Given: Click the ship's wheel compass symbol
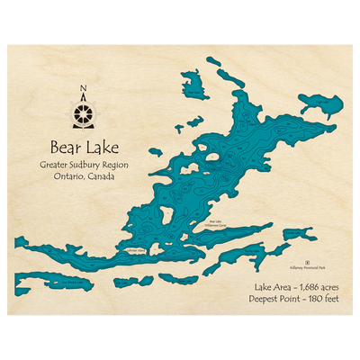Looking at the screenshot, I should click(x=85, y=114).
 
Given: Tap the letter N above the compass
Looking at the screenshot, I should click(x=85, y=88).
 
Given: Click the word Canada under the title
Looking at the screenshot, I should click(x=105, y=177).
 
